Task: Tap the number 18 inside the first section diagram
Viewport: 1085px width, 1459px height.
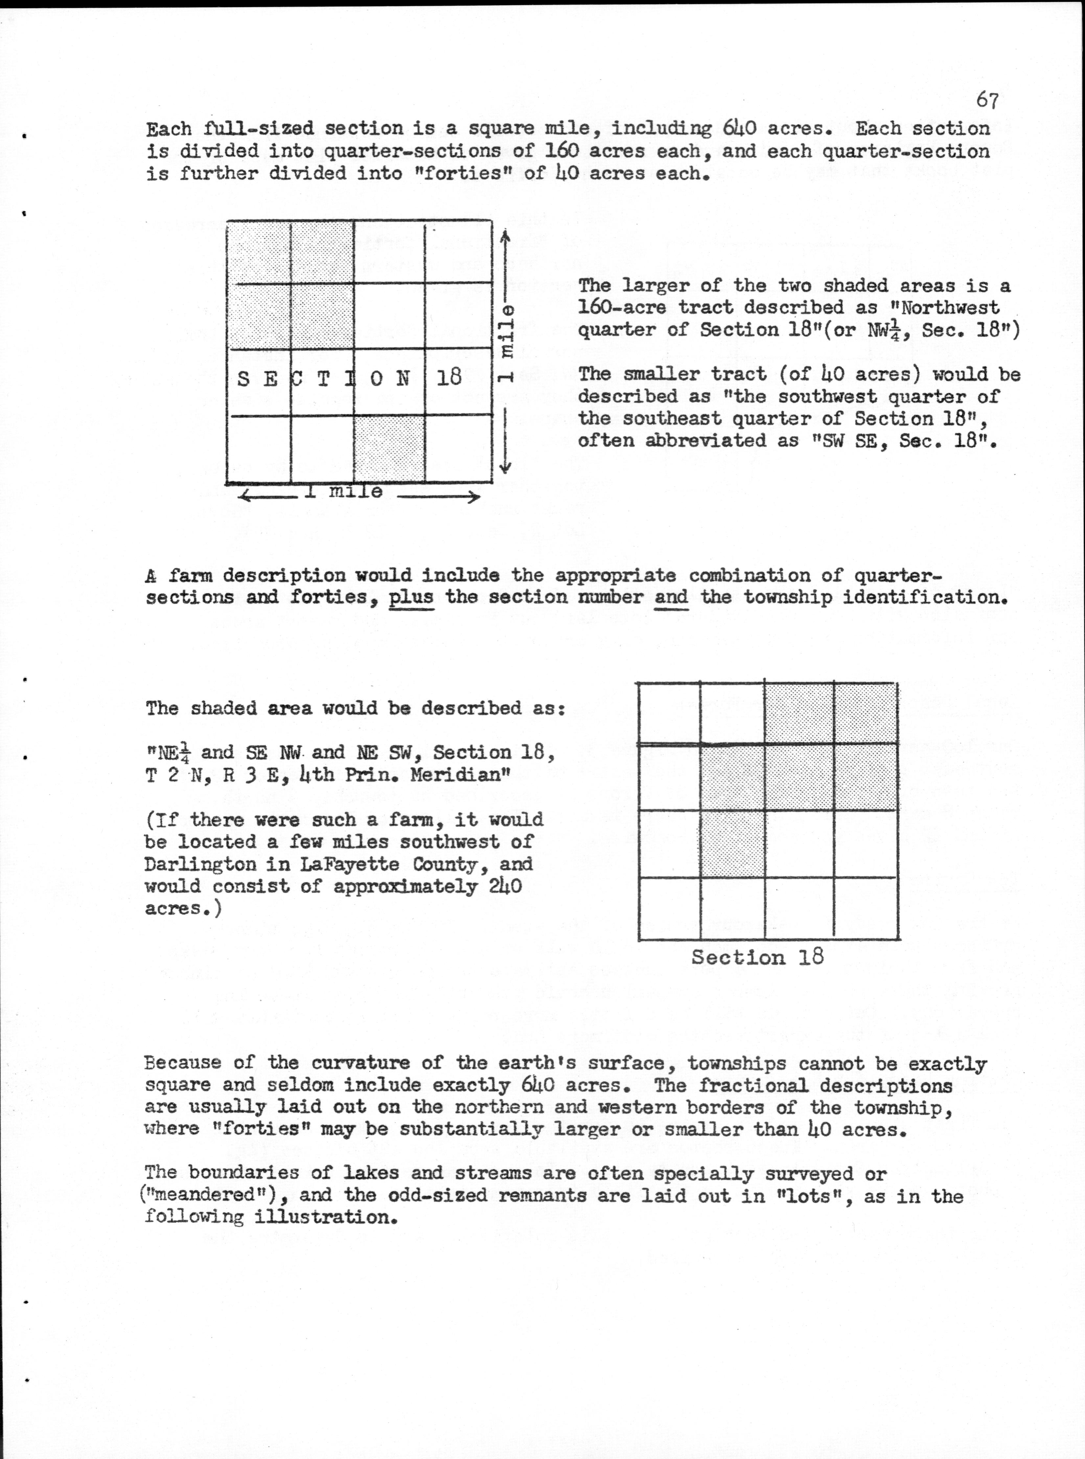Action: (449, 378)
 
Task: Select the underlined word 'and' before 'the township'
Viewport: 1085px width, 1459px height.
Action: (671, 597)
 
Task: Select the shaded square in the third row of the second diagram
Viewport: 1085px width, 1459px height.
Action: (732, 844)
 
